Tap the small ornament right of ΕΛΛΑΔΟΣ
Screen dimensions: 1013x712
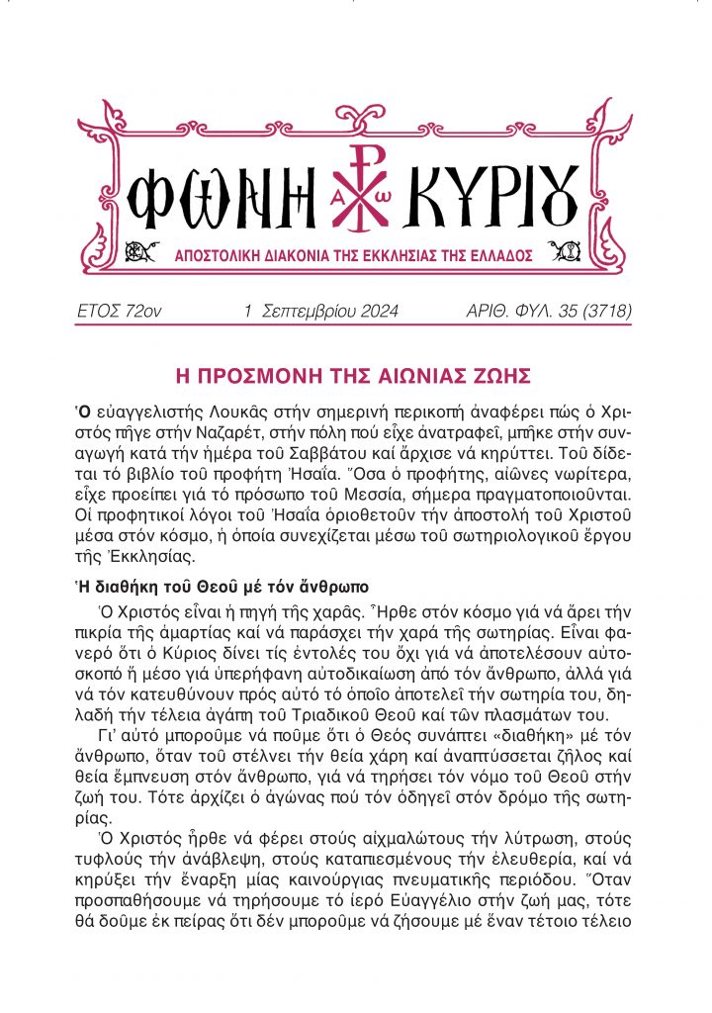pos(571,253)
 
